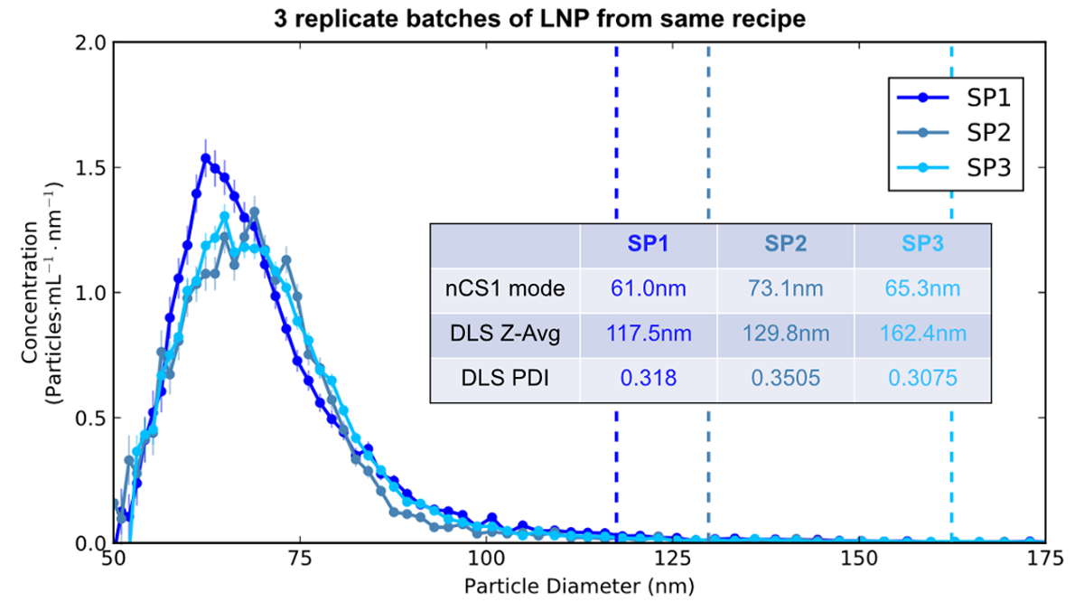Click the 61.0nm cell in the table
tap(648, 289)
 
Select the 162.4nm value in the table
tap(921, 334)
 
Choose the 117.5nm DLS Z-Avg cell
tap(648, 334)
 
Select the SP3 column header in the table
tap(921, 244)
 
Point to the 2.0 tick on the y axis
tap(94, 42)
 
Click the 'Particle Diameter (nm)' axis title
tap(579, 585)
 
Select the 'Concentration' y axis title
tap(42, 293)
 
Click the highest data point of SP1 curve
tap(206, 158)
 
